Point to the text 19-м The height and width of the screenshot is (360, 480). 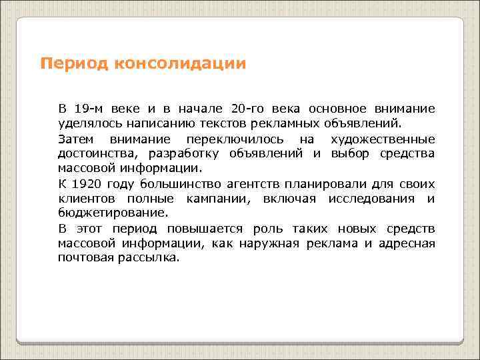89,109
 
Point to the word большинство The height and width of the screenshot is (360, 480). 171,183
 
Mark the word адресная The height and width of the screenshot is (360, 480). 407,243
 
